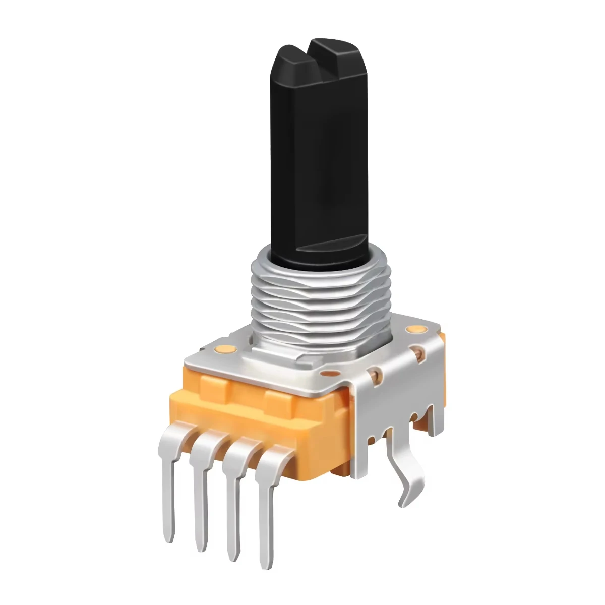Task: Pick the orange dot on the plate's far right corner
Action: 415,330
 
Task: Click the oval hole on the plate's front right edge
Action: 330,374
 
